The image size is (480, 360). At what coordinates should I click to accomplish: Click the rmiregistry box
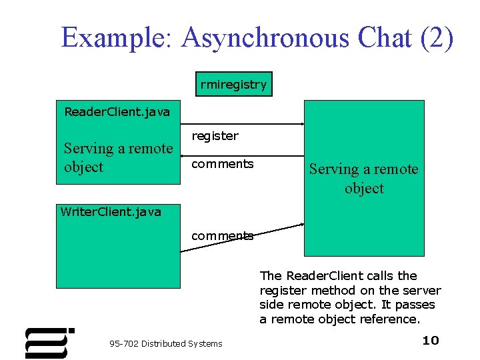(233, 85)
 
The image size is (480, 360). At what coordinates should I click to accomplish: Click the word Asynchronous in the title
(265, 38)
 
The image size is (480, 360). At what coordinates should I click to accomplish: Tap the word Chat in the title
(385, 38)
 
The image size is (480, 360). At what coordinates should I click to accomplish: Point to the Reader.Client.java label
(117, 111)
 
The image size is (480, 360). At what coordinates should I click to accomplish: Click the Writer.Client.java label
(111, 212)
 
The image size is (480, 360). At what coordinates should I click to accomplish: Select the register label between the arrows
(215, 136)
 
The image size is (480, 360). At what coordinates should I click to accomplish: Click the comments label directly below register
(223, 164)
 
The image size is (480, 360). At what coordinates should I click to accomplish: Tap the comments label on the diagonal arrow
(223, 235)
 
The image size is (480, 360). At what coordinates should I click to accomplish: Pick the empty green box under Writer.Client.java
(117, 257)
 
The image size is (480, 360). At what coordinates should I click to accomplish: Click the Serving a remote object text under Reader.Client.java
(117, 157)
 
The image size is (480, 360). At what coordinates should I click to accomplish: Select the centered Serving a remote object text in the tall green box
(364, 179)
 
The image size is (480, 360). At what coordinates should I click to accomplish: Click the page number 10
(431, 341)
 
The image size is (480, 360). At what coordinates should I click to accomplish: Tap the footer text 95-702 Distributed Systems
(166, 344)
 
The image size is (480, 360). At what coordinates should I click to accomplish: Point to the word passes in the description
(415, 305)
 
